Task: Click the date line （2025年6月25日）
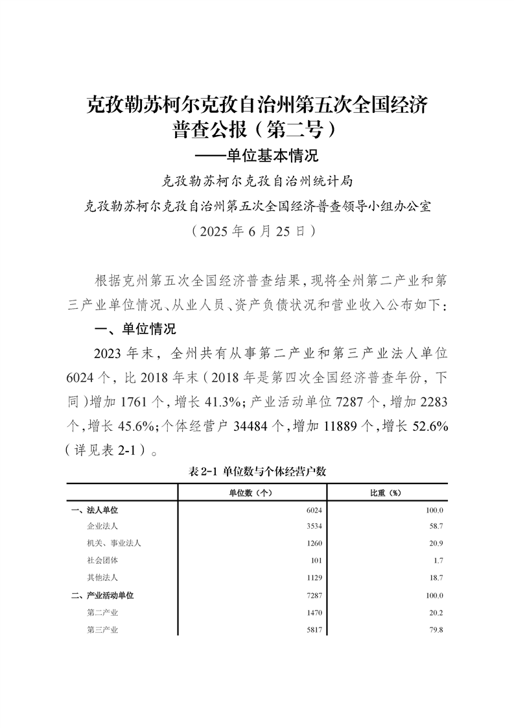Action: pos(257,230)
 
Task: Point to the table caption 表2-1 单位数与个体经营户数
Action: pos(257,472)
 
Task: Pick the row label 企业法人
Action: pos(102,526)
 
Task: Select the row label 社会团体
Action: pos(102,560)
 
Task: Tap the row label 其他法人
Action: pos(102,577)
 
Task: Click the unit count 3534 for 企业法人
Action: pos(314,526)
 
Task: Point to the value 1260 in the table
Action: pos(314,543)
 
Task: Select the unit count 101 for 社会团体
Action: pos(316,560)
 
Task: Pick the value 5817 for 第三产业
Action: pos(314,629)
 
